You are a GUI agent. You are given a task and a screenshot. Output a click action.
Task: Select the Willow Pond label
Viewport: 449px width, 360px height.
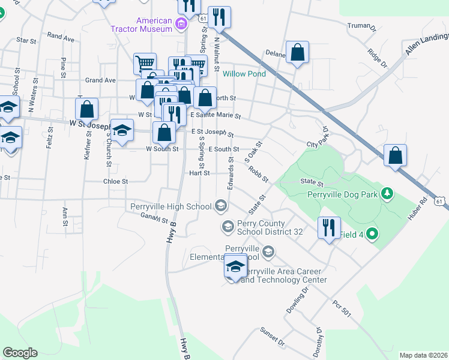click(x=244, y=74)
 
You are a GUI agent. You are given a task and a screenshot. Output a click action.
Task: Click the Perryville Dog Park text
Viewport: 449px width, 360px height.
click(x=342, y=194)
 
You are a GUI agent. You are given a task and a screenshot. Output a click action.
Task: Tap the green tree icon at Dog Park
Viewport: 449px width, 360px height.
click(x=388, y=193)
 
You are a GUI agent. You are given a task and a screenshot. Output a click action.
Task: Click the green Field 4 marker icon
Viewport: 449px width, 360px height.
click(x=372, y=233)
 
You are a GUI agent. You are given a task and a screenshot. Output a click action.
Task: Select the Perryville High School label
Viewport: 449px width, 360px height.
click(x=171, y=207)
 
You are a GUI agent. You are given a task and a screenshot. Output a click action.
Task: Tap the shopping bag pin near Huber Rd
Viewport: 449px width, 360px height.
click(x=396, y=155)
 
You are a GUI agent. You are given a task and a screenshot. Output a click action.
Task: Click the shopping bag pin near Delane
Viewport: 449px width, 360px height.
click(x=298, y=52)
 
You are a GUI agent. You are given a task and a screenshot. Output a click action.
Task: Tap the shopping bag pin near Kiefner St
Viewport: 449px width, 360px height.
click(x=87, y=110)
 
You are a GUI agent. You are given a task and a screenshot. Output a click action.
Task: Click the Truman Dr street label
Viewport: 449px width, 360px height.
click(x=361, y=26)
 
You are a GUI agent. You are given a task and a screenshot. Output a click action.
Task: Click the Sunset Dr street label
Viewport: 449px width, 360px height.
click(x=273, y=337)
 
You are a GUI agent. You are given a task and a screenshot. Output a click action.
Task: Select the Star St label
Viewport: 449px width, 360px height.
click(x=27, y=40)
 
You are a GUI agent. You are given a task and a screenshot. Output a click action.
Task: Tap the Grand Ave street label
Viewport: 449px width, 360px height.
click(x=100, y=80)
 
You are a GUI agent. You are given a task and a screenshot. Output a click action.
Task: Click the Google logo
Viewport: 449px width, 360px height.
click(x=20, y=353)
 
